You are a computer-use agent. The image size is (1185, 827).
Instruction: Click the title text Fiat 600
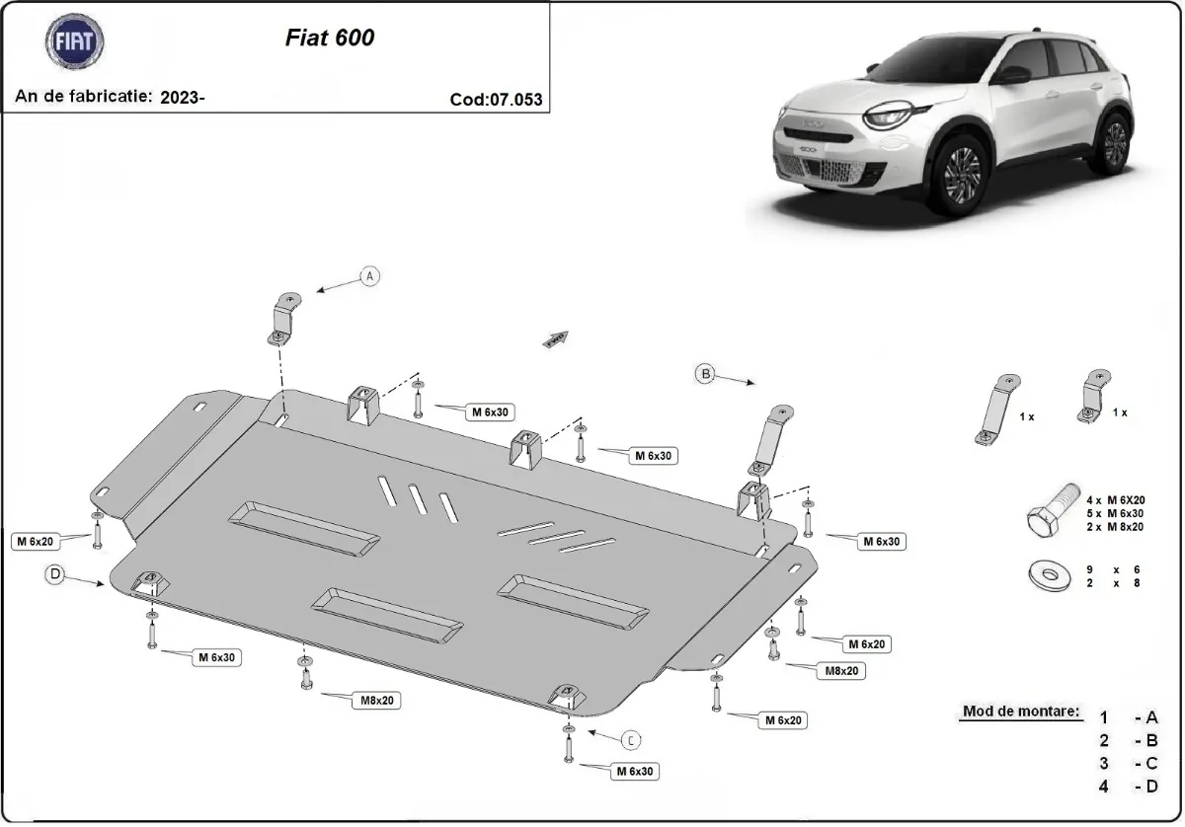329,38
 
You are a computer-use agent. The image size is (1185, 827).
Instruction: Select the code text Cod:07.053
496,99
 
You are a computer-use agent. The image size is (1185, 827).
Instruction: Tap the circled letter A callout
370,276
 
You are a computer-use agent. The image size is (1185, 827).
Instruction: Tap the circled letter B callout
705,373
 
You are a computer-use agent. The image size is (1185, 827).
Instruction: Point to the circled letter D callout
55,573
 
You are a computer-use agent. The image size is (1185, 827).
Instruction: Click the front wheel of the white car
961,176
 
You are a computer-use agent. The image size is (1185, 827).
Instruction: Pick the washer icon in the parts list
1049,575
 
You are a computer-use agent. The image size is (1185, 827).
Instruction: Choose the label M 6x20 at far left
35,540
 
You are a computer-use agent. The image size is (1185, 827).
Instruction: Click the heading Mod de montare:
1020,711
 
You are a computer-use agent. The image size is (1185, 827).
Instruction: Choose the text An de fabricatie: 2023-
111,97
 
